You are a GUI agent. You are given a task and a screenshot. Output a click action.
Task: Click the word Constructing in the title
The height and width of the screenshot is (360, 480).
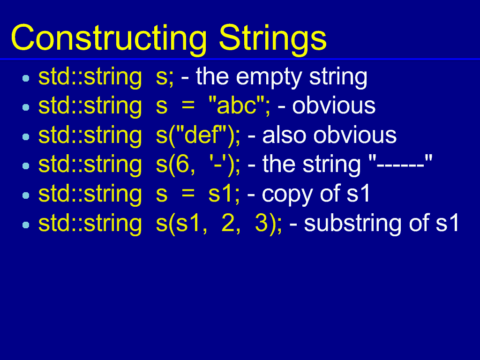pyautogui.click(x=109, y=39)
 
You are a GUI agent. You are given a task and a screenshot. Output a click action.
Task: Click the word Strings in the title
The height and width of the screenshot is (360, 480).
pyautogui.click(x=273, y=39)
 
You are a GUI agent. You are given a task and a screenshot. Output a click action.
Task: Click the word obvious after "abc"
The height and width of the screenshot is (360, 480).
pyautogui.click(x=334, y=105)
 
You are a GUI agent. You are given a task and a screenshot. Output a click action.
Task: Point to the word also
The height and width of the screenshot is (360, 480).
pyautogui.click(x=284, y=135)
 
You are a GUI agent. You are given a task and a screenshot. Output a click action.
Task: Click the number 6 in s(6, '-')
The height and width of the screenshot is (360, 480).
pyautogui.click(x=182, y=165)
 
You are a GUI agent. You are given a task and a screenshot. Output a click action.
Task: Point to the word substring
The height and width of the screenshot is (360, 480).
pyautogui.click(x=352, y=224)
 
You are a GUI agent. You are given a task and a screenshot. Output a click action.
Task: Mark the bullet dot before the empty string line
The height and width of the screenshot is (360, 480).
pyautogui.click(x=26, y=78)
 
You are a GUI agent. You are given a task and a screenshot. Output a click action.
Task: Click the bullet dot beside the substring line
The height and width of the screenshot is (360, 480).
pyautogui.click(x=26, y=225)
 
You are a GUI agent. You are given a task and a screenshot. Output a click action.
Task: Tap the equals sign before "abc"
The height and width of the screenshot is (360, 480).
pyautogui.click(x=188, y=106)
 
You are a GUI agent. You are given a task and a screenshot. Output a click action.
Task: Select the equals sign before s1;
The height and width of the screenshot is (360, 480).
pyautogui.click(x=188, y=194)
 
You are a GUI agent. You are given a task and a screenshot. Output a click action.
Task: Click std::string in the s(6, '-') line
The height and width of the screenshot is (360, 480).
pyautogui.click(x=90, y=165)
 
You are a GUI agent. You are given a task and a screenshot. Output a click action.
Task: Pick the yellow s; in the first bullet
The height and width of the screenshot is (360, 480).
pyautogui.click(x=165, y=78)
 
